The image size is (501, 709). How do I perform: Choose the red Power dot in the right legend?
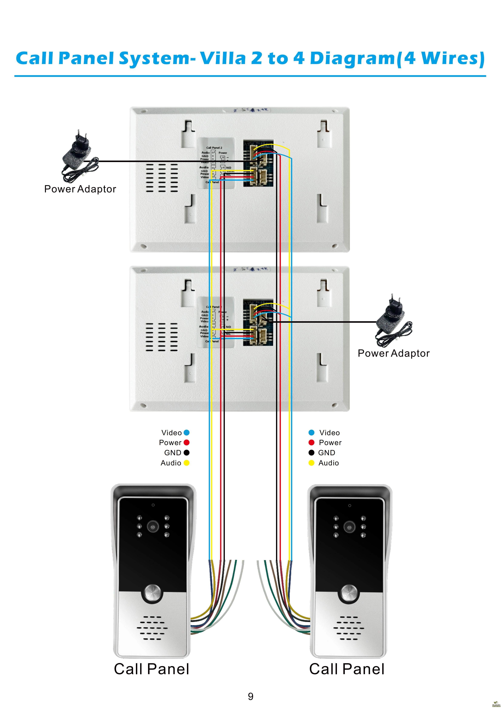[311, 442]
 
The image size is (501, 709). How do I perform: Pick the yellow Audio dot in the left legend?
[186, 463]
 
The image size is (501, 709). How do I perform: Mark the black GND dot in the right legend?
[311, 453]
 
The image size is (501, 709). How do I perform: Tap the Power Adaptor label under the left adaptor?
[80, 189]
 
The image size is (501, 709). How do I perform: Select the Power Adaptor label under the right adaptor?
[394, 353]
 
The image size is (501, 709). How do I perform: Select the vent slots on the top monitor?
[162, 178]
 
